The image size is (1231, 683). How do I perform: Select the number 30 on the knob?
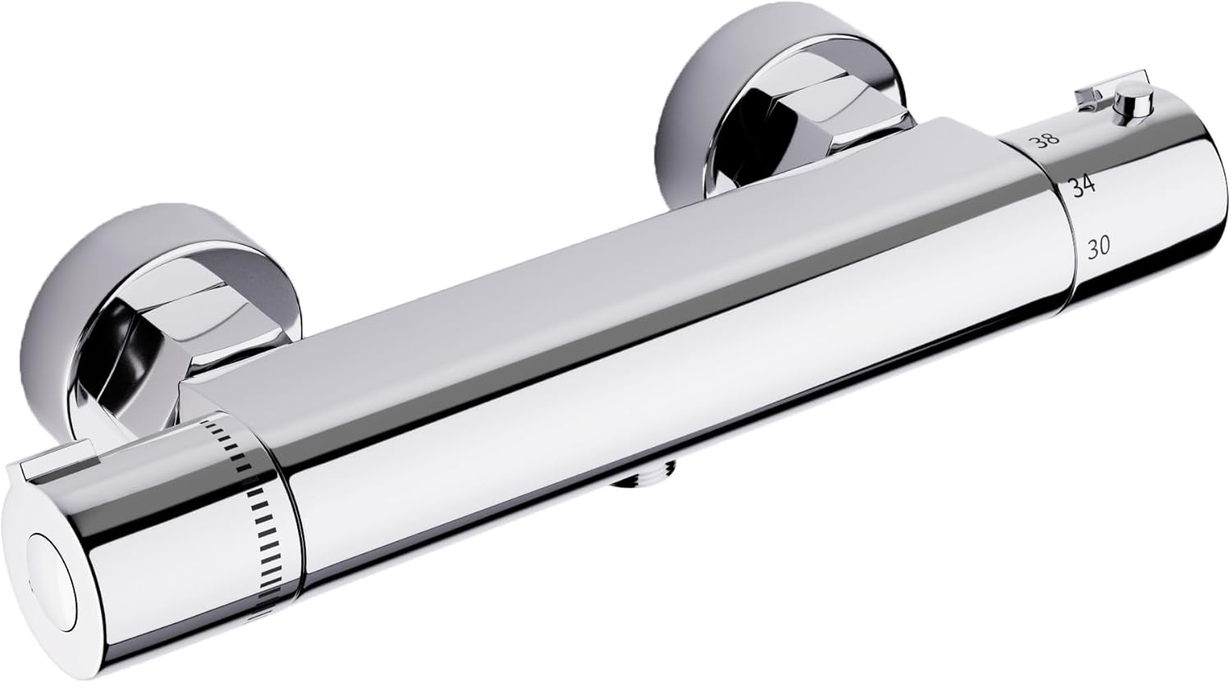[x=1099, y=247]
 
